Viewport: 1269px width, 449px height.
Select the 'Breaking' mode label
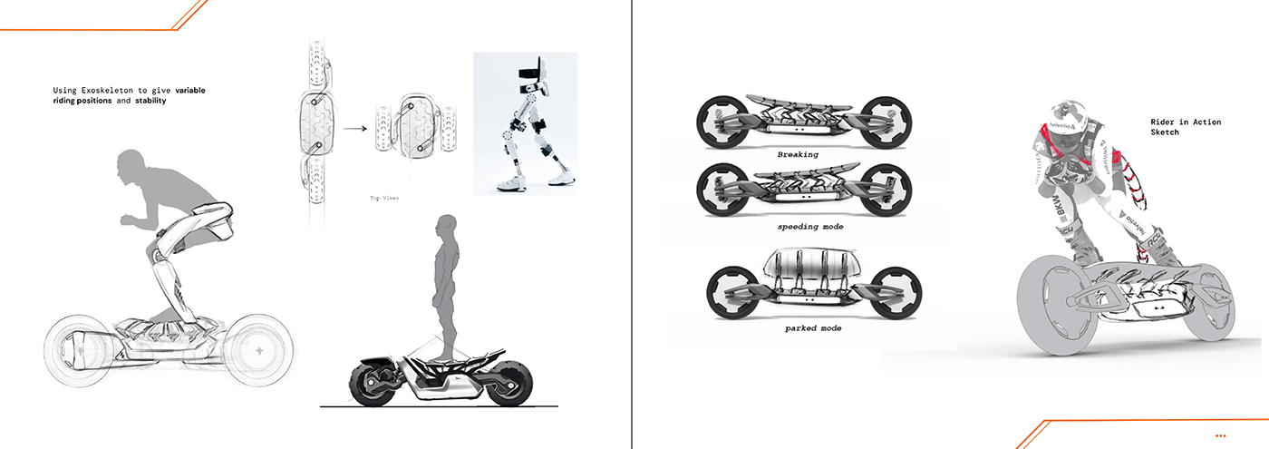(798, 155)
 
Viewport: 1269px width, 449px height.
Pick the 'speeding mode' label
(809, 227)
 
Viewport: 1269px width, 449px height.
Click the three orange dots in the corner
(1220, 436)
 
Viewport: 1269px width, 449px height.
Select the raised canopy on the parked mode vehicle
(809, 268)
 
